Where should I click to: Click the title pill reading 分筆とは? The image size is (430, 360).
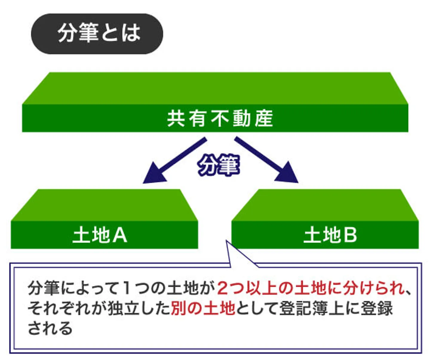[97, 34]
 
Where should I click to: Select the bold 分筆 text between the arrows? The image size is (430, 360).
[219, 165]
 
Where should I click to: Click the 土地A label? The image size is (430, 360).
[100, 235]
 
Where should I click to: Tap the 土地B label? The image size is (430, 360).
[331, 235]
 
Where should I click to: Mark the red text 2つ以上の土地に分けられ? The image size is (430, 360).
[311, 288]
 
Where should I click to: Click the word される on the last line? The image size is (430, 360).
[50, 328]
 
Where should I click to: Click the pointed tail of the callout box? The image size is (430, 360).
[227, 241]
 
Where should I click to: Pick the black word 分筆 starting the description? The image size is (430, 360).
[44, 288]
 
